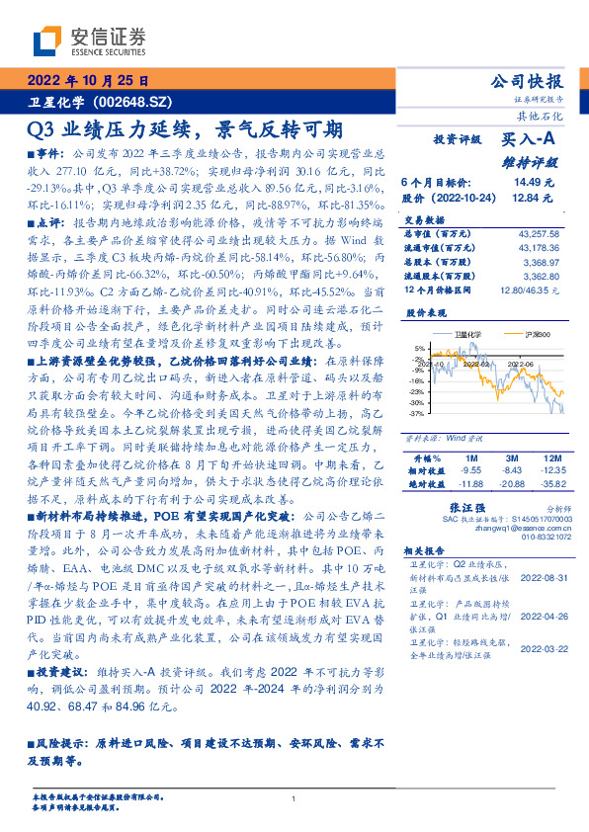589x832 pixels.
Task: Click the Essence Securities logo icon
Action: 44,40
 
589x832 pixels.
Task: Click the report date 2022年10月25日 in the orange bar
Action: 86,81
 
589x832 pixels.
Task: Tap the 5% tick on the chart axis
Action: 420,349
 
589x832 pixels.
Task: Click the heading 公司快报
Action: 527,82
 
